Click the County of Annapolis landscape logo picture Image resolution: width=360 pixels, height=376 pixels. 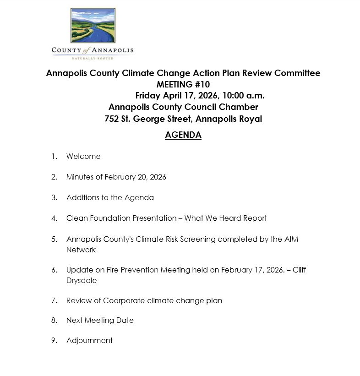(x=93, y=25)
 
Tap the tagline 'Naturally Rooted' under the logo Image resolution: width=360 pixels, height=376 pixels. (x=93, y=58)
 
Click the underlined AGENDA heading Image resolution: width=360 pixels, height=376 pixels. (x=183, y=135)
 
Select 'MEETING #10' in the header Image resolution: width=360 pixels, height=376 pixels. (x=183, y=84)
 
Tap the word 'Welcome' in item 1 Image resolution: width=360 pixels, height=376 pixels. (x=83, y=156)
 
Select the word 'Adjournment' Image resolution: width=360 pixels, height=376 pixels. (x=89, y=340)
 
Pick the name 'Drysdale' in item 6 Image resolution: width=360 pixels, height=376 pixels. (x=82, y=281)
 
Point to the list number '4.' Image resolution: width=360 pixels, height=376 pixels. (x=55, y=218)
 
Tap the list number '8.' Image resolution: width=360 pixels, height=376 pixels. (x=55, y=321)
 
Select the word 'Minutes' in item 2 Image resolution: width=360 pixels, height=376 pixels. (x=81, y=177)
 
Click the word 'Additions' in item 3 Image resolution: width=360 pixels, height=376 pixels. (x=82, y=198)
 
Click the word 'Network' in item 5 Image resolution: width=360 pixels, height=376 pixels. (x=81, y=250)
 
